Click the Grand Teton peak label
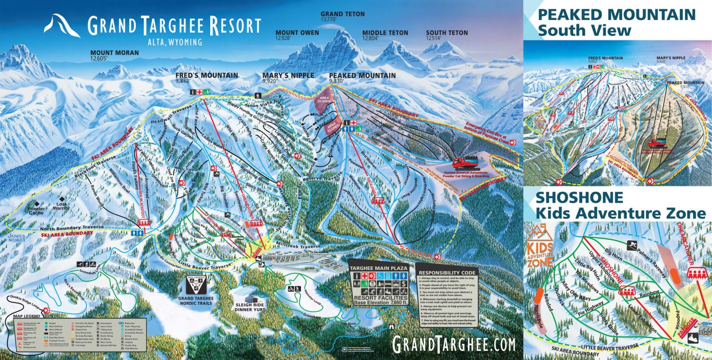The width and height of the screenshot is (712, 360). click(x=343, y=14)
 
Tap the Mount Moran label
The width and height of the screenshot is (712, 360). click(x=114, y=53)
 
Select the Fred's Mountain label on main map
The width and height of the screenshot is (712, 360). click(x=206, y=75)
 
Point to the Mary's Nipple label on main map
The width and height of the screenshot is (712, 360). click(x=288, y=75)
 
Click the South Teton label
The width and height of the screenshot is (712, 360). click(x=447, y=33)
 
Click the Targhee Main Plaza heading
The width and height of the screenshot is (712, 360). click(x=378, y=268)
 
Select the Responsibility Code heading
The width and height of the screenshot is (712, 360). click(x=447, y=272)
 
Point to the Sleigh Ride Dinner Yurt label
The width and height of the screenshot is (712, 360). click(x=250, y=307)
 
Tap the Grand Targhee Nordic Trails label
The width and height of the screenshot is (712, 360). click(x=196, y=300)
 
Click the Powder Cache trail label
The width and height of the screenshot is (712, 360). click(x=36, y=210)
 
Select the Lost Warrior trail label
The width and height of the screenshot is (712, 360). click(x=61, y=206)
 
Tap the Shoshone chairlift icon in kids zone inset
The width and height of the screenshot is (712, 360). click(x=627, y=290)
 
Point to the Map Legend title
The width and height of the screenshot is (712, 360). click(x=27, y=316)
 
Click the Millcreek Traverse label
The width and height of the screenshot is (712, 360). click(x=298, y=246)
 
